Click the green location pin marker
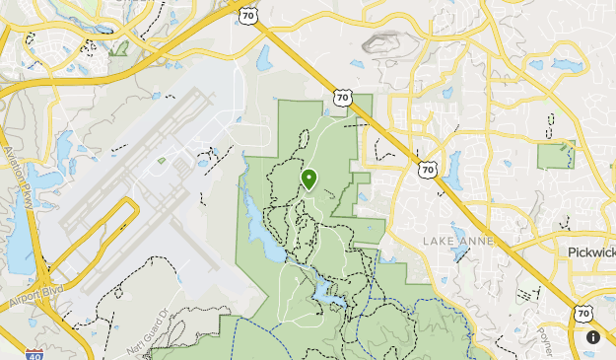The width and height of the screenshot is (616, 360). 309,179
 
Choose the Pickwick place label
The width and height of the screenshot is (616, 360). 590,252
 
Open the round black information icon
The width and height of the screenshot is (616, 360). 593,337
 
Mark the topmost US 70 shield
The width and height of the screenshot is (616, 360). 247,14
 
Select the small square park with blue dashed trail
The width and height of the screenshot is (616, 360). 555,155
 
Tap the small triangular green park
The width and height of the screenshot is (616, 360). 121,46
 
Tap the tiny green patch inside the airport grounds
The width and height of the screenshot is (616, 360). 162,160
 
